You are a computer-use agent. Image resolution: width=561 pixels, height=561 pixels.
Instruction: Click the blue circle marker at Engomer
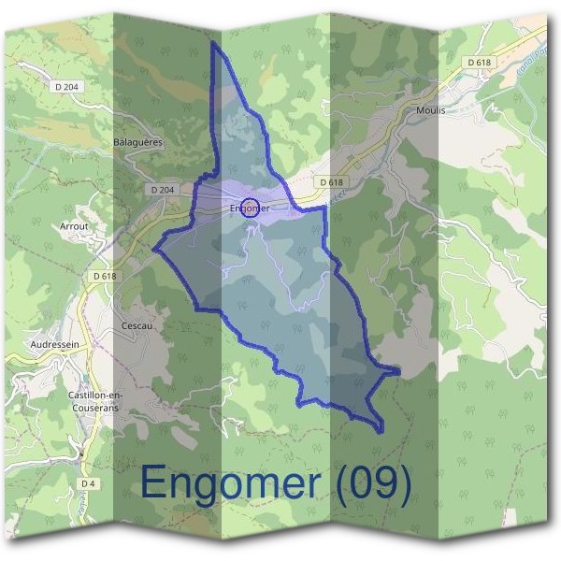point(248,207)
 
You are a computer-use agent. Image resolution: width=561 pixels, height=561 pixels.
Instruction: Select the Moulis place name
point(430,109)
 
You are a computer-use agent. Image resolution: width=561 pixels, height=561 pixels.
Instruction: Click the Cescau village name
point(137,325)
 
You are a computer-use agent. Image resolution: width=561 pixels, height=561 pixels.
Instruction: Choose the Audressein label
point(54,344)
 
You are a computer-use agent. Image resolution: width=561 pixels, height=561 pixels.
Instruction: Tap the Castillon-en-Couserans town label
point(93,401)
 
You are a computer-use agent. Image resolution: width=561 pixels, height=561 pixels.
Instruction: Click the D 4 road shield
point(88,482)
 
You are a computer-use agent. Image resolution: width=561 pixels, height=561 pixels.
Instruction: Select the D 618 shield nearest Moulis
point(481,63)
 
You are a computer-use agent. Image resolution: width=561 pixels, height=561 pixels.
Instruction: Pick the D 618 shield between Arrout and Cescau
point(105,276)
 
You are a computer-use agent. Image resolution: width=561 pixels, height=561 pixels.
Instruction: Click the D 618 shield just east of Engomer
point(331,181)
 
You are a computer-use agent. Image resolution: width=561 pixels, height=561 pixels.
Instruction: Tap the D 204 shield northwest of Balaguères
point(67,86)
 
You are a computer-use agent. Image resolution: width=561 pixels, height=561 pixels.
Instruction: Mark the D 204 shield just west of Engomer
point(162,190)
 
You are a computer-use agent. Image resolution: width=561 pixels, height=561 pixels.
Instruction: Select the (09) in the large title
point(373,483)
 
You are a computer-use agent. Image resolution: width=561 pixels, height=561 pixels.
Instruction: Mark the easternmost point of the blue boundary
point(400,372)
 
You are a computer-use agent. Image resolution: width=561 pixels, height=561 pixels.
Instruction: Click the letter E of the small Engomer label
point(233,209)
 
